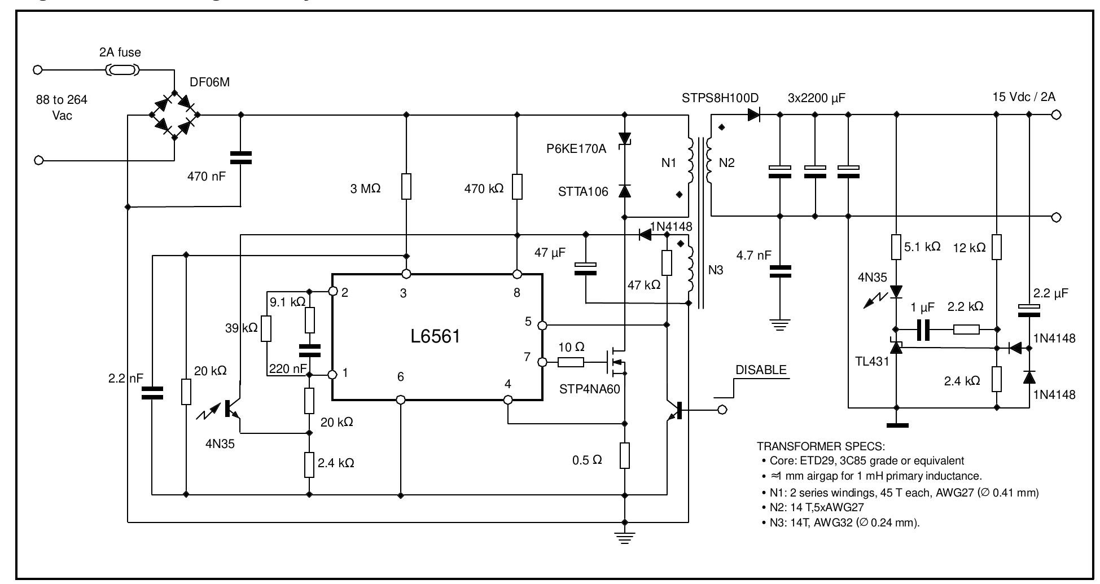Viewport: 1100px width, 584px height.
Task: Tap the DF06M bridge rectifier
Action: (174, 115)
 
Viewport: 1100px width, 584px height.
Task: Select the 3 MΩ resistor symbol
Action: (406, 187)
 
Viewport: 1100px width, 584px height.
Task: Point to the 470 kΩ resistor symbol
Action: (517, 187)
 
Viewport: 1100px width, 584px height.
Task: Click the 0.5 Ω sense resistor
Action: (624, 455)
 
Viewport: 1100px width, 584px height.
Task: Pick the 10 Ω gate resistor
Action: (571, 362)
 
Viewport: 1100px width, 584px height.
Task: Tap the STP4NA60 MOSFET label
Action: (589, 389)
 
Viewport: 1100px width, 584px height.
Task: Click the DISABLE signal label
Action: (760, 370)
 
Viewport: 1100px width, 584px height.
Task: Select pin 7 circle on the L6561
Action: (542, 362)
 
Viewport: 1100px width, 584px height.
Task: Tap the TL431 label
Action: (872, 361)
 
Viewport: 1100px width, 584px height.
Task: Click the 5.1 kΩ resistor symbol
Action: (896, 247)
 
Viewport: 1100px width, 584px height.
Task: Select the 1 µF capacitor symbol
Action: (923, 330)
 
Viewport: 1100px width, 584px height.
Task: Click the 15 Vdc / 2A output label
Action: (1024, 97)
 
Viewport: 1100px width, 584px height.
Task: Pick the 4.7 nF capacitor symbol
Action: (780, 271)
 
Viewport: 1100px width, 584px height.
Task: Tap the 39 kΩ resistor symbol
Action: (266, 329)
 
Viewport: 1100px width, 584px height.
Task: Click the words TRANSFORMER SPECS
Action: (821, 446)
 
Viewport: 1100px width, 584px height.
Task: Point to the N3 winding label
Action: (715, 270)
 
